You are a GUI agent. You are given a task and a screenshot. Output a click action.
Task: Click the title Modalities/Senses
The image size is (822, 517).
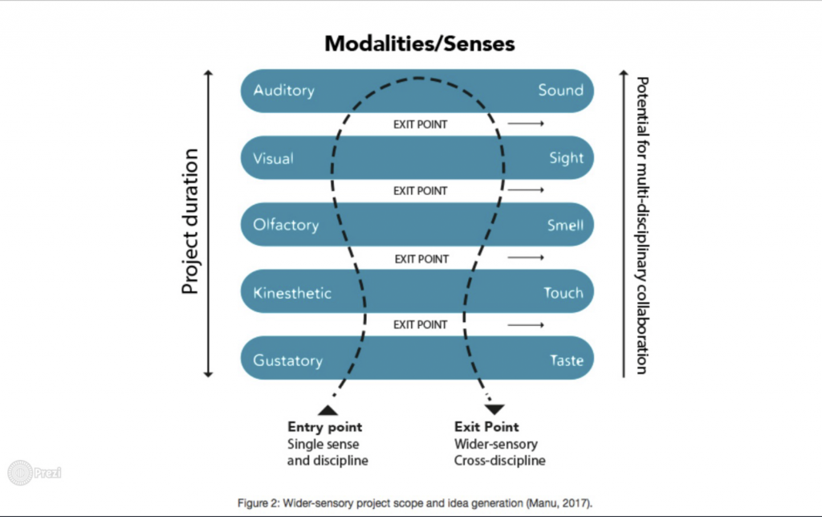[419, 43]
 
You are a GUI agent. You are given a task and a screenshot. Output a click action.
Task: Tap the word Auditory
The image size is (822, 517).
[283, 91]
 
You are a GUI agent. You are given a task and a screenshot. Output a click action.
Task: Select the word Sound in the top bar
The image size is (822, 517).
[560, 90]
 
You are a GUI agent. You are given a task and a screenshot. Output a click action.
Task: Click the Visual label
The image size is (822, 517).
[273, 158]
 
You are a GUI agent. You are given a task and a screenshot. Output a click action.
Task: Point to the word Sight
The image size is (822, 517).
[566, 158]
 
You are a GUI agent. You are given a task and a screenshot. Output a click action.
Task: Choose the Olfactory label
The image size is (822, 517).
[286, 225]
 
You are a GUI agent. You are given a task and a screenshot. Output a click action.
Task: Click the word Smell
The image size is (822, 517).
[565, 226]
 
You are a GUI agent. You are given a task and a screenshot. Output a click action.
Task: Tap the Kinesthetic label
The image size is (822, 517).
[292, 292]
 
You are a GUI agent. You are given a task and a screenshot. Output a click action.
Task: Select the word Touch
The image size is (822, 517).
[563, 292]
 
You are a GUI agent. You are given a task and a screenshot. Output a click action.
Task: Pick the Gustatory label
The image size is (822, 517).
[288, 360]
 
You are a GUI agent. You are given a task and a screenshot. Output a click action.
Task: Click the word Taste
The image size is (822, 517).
[566, 360]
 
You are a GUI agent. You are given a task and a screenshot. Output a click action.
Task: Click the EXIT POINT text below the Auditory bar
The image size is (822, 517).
[421, 124]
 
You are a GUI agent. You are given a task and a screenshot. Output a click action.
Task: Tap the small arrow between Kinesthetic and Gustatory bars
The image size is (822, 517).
[526, 325]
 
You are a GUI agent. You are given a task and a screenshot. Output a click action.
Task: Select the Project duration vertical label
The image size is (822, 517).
[190, 222]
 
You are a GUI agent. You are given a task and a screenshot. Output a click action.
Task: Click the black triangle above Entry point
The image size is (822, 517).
[328, 410]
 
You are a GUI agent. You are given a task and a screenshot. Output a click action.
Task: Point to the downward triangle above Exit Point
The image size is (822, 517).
[494, 409]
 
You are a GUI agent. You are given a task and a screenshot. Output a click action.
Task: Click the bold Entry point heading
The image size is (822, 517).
[324, 427]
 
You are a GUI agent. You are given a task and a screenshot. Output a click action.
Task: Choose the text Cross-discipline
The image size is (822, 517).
[499, 461]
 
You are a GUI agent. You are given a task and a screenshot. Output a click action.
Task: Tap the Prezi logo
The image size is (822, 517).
[35, 473]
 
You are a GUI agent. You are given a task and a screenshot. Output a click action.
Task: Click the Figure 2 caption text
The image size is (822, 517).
[415, 503]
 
